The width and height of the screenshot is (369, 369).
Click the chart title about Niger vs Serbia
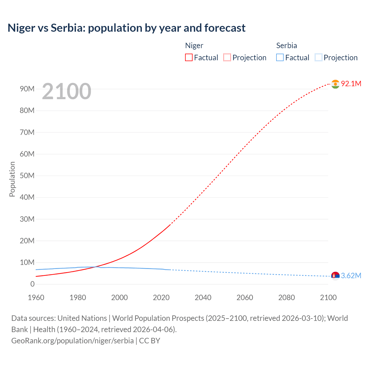click(x=127, y=28)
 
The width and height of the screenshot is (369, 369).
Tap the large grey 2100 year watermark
click(x=67, y=91)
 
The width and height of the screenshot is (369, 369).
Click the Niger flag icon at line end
click(x=335, y=84)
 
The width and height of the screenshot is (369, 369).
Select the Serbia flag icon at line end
click(x=335, y=276)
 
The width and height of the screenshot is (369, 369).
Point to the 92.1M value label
click(x=351, y=84)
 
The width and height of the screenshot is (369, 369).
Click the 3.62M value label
click(x=351, y=276)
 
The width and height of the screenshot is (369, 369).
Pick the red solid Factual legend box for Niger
click(x=189, y=58)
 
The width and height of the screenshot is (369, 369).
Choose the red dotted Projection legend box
click(x=227, y=58)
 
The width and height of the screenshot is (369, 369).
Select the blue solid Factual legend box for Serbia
click(x=280, y=58)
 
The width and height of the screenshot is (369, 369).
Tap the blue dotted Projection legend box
click(x=318, y=58)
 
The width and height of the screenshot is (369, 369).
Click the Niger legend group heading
click(x=194, y=46)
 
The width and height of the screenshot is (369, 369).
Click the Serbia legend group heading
click(x=287, y=46)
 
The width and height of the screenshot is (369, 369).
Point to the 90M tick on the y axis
click(x=27, y=89)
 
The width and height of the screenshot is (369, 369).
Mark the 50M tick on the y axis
click(x=27, y=176)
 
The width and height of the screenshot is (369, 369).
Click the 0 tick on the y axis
click(x=32, y=284)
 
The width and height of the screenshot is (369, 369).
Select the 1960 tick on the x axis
click(x=36, y=298)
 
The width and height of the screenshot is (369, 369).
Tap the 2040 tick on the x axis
click(x=203, y=298)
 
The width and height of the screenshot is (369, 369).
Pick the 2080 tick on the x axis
click(x=287, y=298)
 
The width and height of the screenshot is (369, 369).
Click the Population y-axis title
click(x=12, y=179)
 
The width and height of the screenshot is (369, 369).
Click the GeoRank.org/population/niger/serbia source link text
click(x=72, y=341)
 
